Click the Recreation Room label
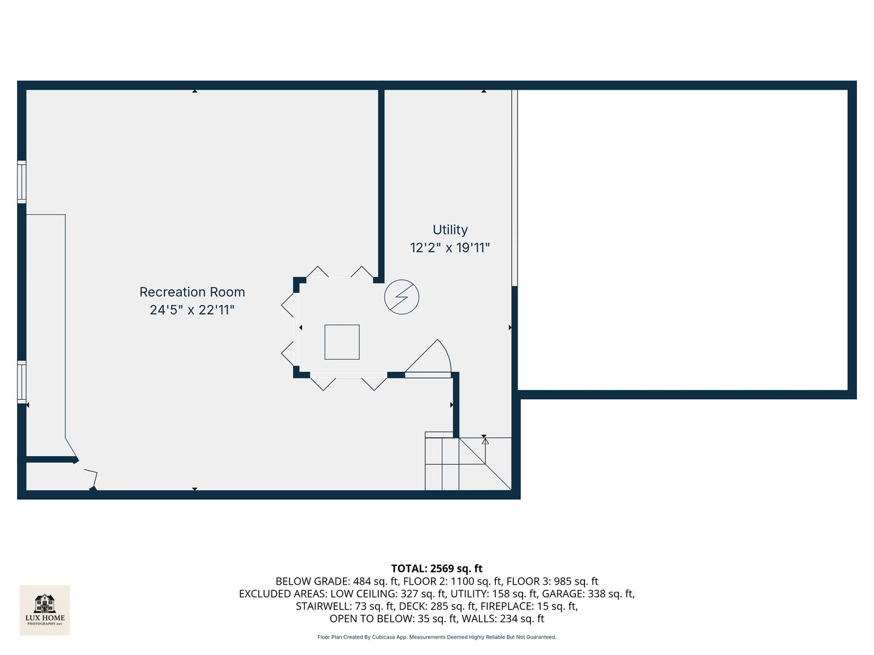192,292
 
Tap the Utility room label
450,230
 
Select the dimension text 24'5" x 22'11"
192,310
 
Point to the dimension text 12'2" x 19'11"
450,247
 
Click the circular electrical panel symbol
402,297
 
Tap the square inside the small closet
342,342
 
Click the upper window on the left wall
22,181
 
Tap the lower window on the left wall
22,382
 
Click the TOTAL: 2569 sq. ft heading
436,568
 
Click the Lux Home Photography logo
45,610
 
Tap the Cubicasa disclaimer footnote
436,637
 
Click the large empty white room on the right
682,240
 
